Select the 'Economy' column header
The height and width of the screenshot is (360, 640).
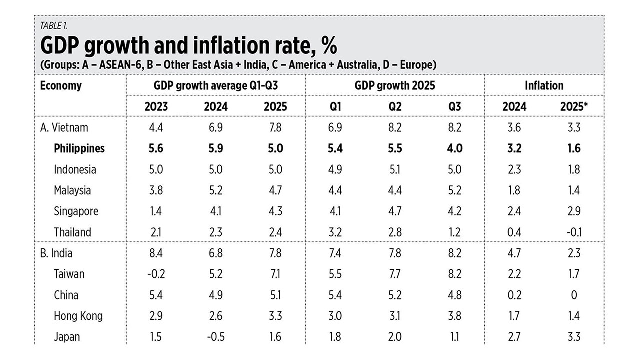(x=61, y=85)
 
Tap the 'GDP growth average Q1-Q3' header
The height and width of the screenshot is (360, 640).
(x=215, y=85)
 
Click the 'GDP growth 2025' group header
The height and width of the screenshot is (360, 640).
(x=395, y=85)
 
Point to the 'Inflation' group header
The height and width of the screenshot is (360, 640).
(x=544, y=85)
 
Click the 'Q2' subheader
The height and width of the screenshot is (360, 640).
(x=395, y=107)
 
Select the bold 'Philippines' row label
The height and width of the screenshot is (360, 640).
(x=79, y=148)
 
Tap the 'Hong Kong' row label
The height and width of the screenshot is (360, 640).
(x=78, y=316)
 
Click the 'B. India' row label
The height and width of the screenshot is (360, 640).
(x=56, y=253)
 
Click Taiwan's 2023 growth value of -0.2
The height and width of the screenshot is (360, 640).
(x=155, y=274)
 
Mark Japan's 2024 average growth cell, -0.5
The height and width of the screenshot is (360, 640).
(x=215, y=337)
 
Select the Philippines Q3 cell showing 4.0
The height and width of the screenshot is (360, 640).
(x=454, y=148)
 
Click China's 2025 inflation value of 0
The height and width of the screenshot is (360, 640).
(x=574, y=295)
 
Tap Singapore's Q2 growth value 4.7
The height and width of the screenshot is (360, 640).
(x=395, y=211)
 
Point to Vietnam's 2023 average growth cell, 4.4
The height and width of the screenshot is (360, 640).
(x=156, y=127)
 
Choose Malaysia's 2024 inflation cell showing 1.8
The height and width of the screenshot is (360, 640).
(x=514, y=190)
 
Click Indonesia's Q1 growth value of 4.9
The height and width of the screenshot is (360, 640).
(x=335, y=169)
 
